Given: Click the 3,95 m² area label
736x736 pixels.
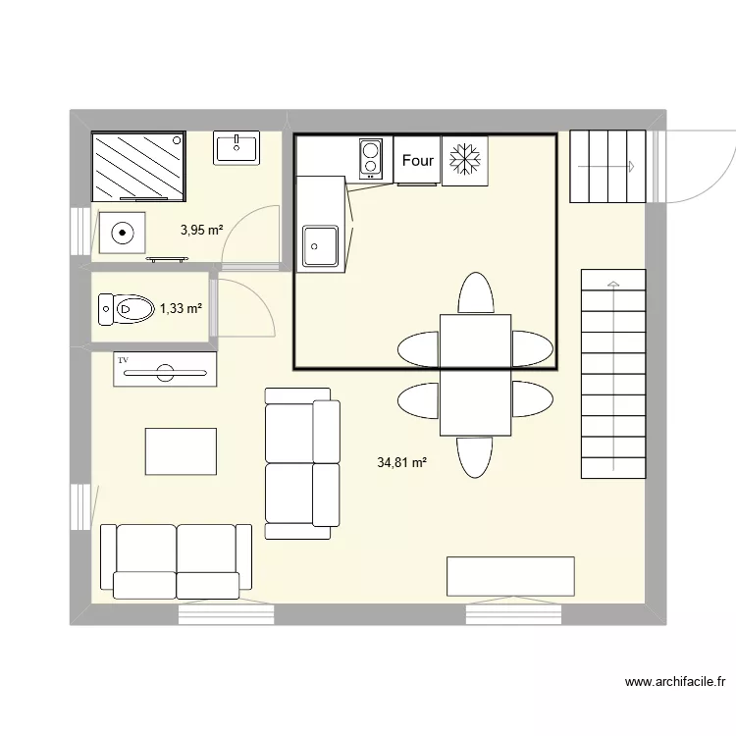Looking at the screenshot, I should click(x=201, y=231).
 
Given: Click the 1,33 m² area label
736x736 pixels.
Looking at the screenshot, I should click(x=181, y=308).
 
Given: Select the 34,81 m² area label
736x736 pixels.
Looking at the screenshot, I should click(x=401, y=461).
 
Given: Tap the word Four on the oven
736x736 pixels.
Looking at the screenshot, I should click(x=418, y=160).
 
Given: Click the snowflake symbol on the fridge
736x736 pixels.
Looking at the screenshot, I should click(x=464, y=160).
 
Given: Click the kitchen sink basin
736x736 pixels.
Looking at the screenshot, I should click(x=320, y=245).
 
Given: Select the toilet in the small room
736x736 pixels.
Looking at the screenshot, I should click(x=125, y=309).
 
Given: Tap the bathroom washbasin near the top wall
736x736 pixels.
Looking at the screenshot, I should click(x=236, y=149).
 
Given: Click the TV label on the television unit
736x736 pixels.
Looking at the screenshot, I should click(x=124, y=361).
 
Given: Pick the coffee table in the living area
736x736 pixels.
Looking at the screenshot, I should click(x=181, y=451).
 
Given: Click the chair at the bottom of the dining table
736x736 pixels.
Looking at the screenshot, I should click(x=476, y=456).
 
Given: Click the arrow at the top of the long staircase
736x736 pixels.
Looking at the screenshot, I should click(x=613, y=285).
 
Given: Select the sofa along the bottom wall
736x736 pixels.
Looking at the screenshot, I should click(x=177, y=560).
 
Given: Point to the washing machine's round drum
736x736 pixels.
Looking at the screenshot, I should click(x=123, y=234).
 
